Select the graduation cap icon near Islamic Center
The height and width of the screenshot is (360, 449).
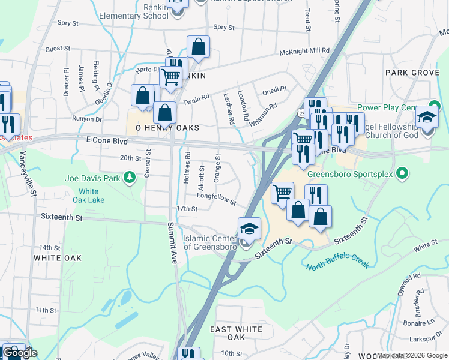[x=249, y=229]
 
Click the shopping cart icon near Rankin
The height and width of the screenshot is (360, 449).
[x=170, y=77]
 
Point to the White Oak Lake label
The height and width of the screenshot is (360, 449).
[x=93, y=196]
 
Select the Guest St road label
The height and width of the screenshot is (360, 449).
[x=58, y=49]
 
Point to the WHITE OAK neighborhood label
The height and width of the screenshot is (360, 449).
[x=57, y=257]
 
